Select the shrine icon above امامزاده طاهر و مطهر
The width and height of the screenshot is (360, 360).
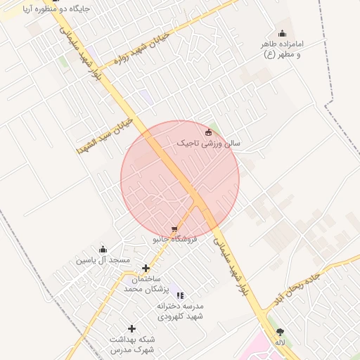282,33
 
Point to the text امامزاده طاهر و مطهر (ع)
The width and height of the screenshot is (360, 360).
281,49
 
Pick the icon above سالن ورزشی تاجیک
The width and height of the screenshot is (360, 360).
207,132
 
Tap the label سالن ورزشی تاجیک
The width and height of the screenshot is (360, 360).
208,143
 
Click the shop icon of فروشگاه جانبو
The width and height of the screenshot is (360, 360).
174,229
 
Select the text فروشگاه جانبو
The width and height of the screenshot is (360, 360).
175,240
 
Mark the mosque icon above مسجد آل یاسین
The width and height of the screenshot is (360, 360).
103,249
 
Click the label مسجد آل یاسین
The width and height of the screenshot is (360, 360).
103,260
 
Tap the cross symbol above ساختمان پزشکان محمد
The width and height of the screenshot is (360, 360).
146,268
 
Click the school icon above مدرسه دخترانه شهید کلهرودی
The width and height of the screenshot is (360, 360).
180,295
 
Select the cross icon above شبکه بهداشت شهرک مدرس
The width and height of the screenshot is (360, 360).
131,328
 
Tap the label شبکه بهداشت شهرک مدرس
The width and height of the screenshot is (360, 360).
131,344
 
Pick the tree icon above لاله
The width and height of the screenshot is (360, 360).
280,331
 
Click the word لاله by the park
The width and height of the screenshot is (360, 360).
280,342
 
